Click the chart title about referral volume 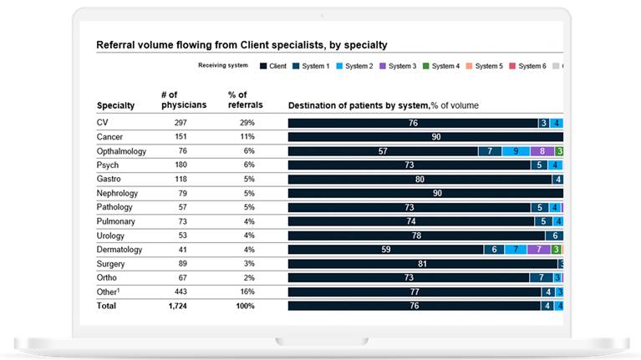pos(242,45)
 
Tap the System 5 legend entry pos(485,65)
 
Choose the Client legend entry pos(275,65)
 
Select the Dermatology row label pos(120,249)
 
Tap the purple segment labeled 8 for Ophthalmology pos(542,151)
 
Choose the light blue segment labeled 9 pos(516,151)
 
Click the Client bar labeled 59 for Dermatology pos(385,249)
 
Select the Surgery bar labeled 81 pos(422,263)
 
